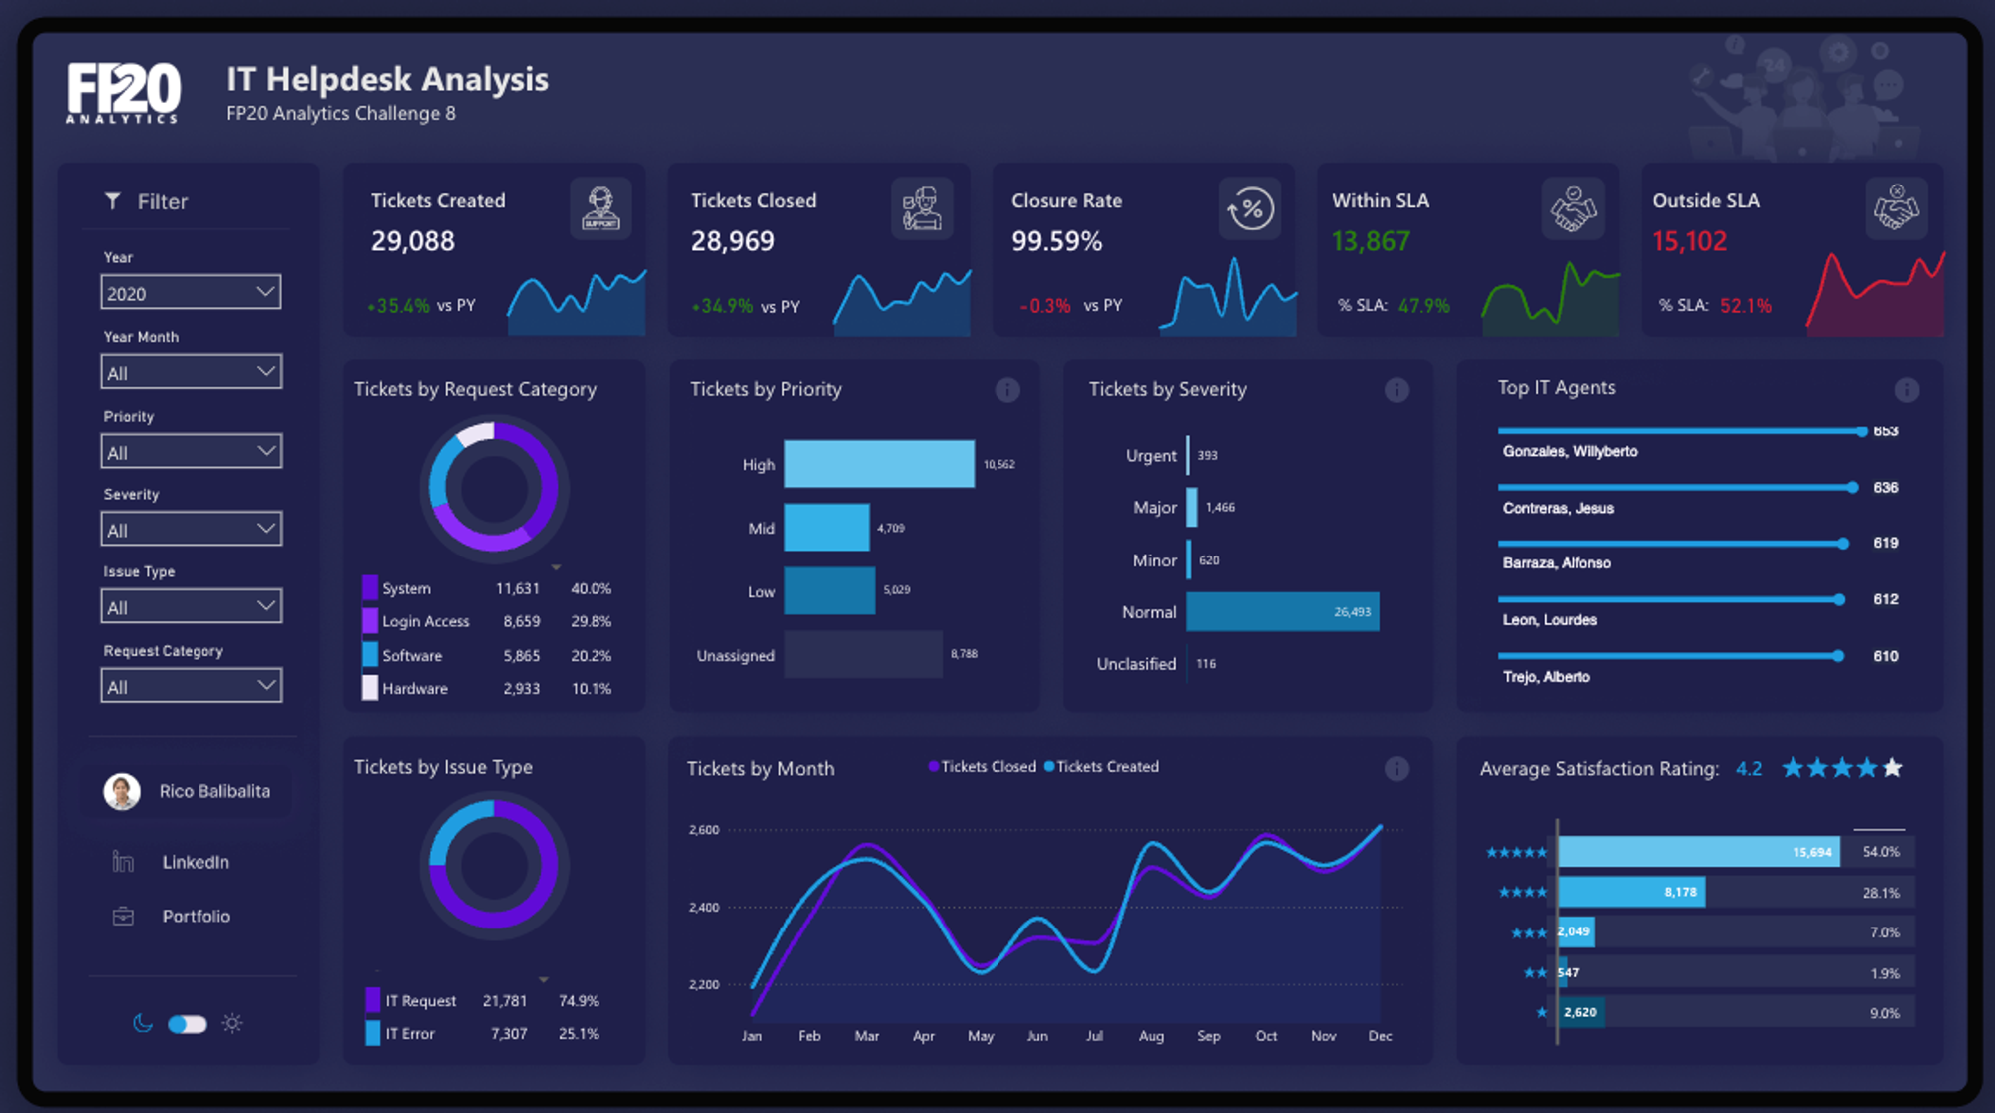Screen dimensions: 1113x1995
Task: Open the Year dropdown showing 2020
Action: click(x=191, y=293)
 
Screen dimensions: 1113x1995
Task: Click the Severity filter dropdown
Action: click(x=191, y=530)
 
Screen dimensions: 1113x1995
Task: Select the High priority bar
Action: click(x=879, y=464)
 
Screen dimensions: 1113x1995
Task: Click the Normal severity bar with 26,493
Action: click(x=1282, y=612)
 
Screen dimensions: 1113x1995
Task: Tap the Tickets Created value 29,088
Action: click(x=413, y=241)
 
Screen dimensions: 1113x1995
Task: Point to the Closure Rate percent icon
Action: click(x=1251, y=209)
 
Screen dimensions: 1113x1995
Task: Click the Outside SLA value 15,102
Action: click(x=1689, y=241)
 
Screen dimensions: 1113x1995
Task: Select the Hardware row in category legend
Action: click(x=414, y=688)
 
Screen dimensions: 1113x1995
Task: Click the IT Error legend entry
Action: click(x=409, y=1034)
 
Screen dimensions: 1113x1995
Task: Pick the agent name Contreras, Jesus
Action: click(x=1558, y=508)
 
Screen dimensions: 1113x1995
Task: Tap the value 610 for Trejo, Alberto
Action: click(x=1885, y=656)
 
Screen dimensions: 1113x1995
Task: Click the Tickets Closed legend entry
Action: click(x=987, y=766)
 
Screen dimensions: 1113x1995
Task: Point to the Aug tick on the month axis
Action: click(x=1151, y=1036)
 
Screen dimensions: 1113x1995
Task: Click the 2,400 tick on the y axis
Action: click(x=703, y=908)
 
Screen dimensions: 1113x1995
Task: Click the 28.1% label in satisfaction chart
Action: click(x=1881, y=893)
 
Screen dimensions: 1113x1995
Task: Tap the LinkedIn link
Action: click(x=196, y=862)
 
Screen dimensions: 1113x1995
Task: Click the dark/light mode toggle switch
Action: click(x=187, y=1024)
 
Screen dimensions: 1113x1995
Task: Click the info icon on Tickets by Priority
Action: click(x=1007, y=390)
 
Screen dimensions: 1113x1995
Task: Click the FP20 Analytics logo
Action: click(x=124, y=93)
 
